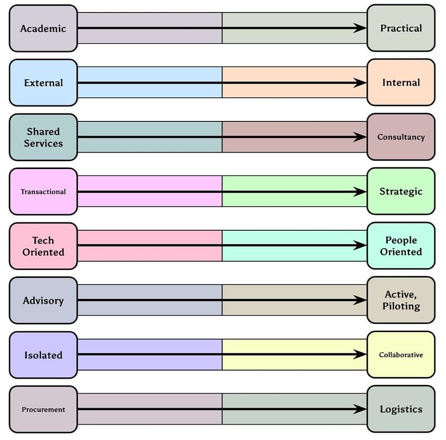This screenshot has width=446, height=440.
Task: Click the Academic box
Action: [43, 29]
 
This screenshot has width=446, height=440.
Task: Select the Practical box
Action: [401, 28]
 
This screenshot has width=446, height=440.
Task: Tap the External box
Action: [43, 83]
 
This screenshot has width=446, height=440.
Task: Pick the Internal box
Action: [401, 82]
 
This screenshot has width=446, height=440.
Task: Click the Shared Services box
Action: [43, 137]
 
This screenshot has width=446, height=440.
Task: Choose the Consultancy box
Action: [401, 137]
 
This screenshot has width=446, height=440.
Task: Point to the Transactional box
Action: [43, 192]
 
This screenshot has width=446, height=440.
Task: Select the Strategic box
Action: [401, 191]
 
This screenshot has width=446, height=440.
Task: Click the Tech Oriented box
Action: [43, 246]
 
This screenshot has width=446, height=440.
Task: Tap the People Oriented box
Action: [401, 246]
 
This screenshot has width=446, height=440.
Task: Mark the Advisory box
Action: [43, 301]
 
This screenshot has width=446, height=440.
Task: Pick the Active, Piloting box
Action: [401, 300]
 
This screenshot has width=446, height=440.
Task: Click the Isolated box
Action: [43, 355]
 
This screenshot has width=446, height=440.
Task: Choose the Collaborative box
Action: [401, 354]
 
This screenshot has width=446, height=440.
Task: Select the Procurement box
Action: [43, 409]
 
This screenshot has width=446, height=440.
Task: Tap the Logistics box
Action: [401, 409]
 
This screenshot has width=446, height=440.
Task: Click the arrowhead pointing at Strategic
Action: [361, 192]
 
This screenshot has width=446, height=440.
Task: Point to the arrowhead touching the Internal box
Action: [361, 83]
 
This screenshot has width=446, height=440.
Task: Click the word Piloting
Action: [402, 306]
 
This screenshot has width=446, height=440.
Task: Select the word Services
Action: [43, 143]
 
